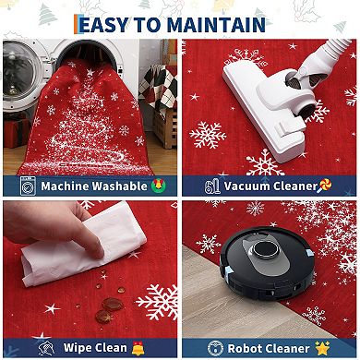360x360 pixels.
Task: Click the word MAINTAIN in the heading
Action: coord(216,25)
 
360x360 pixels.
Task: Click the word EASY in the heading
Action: coord(103,25)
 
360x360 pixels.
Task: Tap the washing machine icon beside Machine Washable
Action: coord(28,186)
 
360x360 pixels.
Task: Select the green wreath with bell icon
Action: coord(159,186)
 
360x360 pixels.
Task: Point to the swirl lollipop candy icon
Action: coord(325,186)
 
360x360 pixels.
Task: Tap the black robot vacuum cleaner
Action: coord(267,263)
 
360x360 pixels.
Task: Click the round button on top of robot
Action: coord(266,249)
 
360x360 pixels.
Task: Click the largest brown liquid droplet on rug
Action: coord(113,305)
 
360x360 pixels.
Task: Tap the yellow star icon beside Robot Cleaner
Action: coord(322,348)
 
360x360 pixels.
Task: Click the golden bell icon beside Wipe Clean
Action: coord(138,348)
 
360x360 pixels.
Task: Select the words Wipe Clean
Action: coord(95,348)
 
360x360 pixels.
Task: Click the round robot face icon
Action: coord(215,348)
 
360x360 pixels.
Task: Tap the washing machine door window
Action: coord(19,70)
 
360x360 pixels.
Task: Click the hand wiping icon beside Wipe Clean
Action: coord(46,348)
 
